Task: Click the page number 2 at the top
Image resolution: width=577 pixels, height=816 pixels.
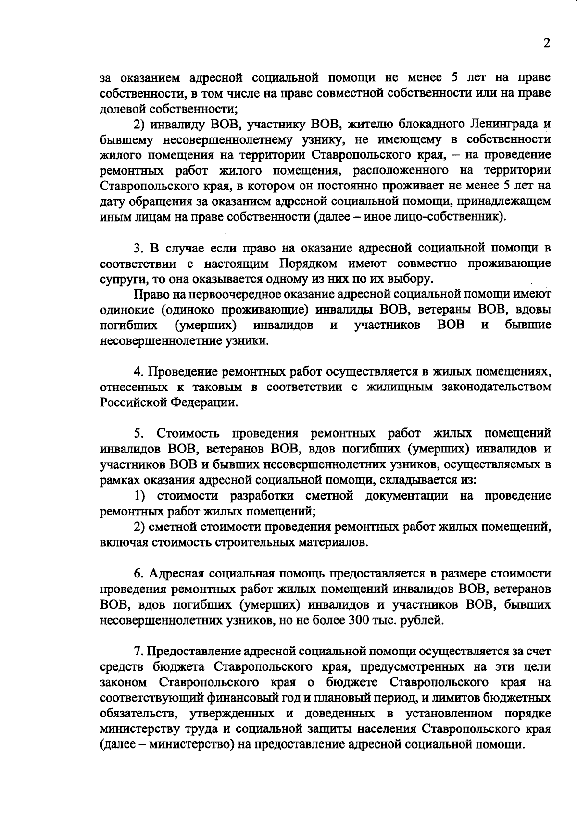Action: tap(546, 43)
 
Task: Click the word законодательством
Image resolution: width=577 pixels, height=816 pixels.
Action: tap(496, 387)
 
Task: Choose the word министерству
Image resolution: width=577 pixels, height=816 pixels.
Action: tap(139, 728)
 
